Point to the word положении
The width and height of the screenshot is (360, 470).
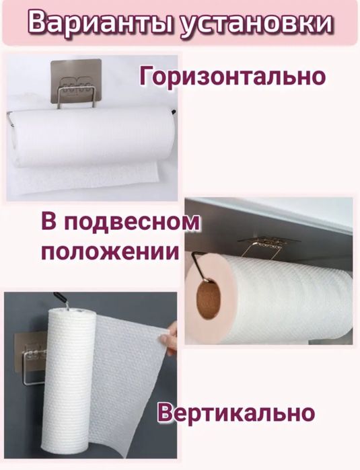[110, 253]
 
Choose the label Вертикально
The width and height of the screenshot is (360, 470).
[236, 412]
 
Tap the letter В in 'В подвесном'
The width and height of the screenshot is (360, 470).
[50, 223]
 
